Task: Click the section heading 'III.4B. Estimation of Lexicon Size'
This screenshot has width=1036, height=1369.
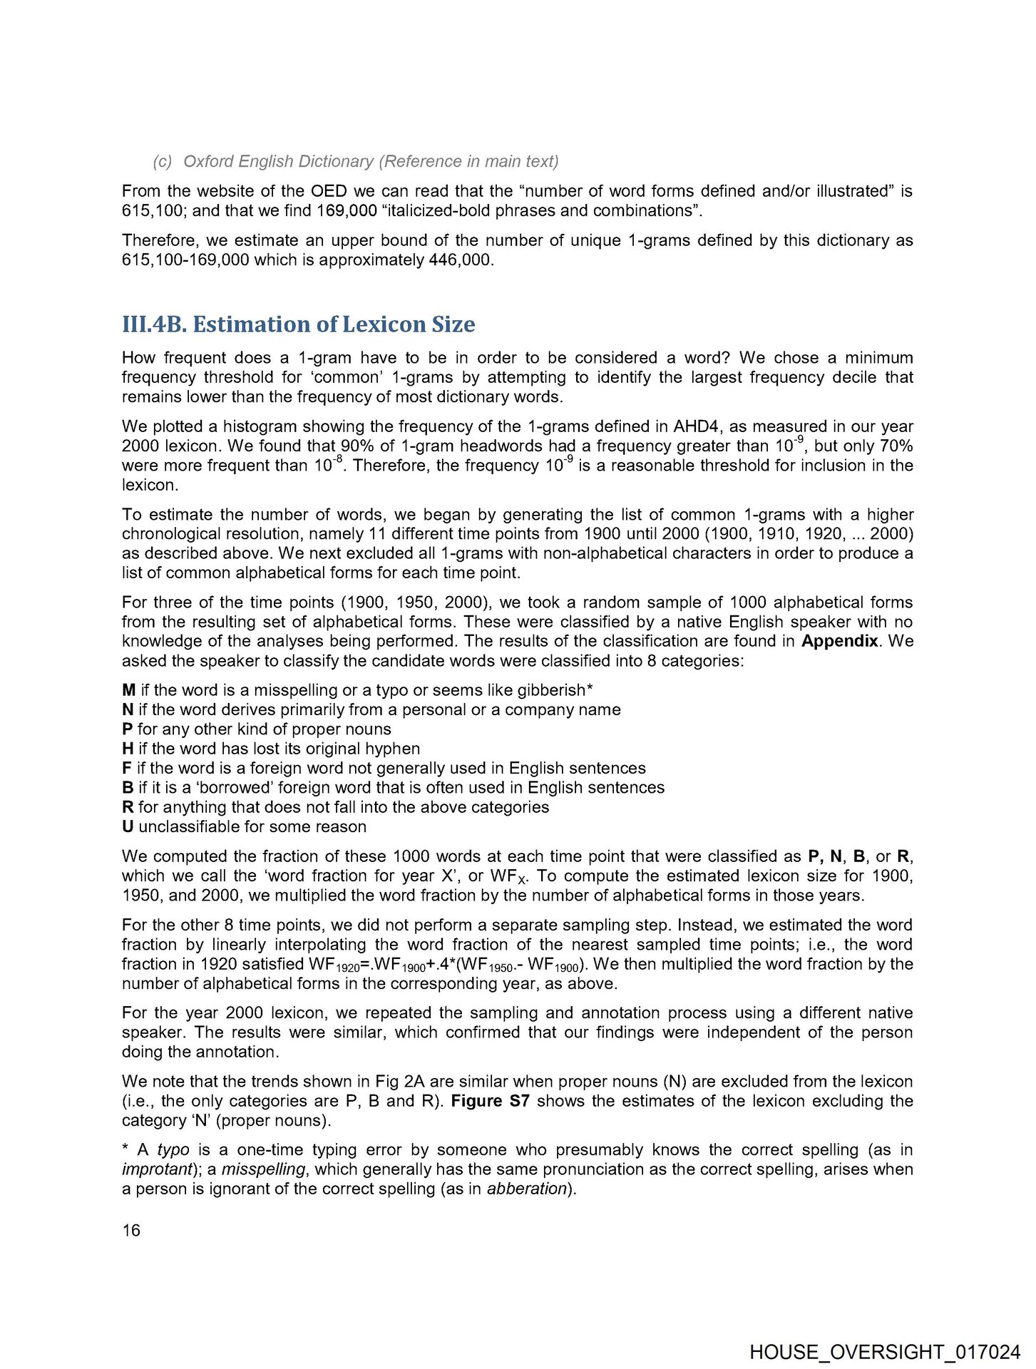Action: (298, 324)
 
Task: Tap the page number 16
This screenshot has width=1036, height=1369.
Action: (131, 1230)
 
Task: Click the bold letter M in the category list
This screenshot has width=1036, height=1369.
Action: (128, 690)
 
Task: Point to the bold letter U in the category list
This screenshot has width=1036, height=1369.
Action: (128, 826)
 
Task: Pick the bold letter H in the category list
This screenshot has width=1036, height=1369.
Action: (128, 749)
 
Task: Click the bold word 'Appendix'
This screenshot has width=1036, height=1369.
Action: (839, 641)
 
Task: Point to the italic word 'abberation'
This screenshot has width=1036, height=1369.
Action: (526, 1189)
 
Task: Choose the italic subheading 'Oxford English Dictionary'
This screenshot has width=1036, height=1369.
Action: (278, 161)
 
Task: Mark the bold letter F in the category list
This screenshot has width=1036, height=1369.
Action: (127, 768)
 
